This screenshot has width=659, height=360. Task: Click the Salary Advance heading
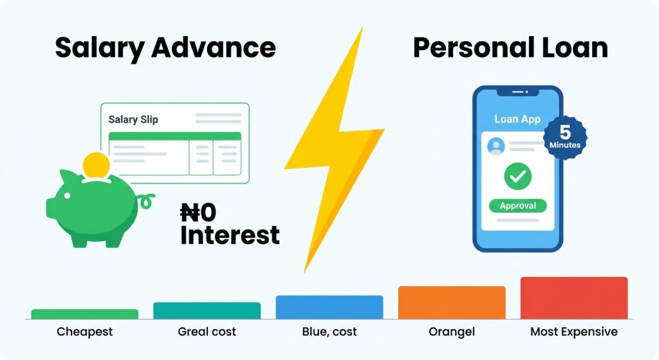165,48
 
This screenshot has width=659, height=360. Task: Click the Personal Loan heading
510,48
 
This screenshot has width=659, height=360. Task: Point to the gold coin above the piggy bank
97,166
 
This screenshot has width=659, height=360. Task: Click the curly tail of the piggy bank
146,201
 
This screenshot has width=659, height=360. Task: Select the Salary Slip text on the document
133,119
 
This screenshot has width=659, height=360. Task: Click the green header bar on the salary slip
175,137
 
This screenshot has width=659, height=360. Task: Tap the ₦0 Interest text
230,223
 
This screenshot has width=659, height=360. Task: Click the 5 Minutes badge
565,138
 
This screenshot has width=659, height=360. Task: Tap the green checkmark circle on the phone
518,176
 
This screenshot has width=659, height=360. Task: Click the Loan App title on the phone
517,119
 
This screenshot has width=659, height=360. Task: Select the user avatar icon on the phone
496,146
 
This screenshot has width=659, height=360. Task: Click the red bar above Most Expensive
573,298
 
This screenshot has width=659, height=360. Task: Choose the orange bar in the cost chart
452,303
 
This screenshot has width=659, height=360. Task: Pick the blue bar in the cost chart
329,307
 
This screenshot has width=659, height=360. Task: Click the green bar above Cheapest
85,314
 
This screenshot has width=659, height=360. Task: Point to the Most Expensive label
573,332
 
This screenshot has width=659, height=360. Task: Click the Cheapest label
85,332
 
